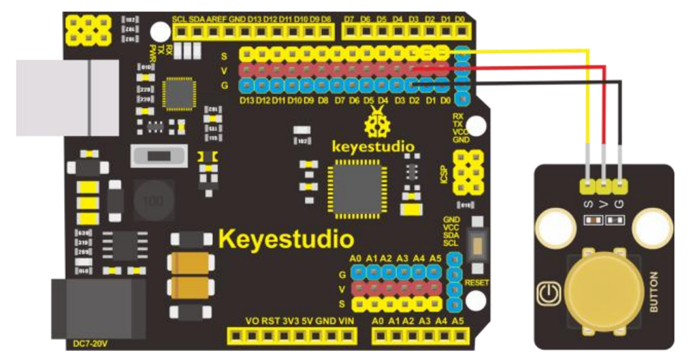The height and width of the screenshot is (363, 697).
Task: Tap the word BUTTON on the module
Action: pos(654,292)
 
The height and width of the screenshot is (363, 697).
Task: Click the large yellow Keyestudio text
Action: pos(286,239)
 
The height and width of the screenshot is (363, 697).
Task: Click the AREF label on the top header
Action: pos(218,20)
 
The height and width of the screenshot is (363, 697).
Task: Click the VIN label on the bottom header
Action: pos(346,320)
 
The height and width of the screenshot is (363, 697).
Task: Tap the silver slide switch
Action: pos(161,156)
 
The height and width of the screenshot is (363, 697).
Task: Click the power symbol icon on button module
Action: pos(547,294)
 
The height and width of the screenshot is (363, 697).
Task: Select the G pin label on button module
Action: pos(619,202)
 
